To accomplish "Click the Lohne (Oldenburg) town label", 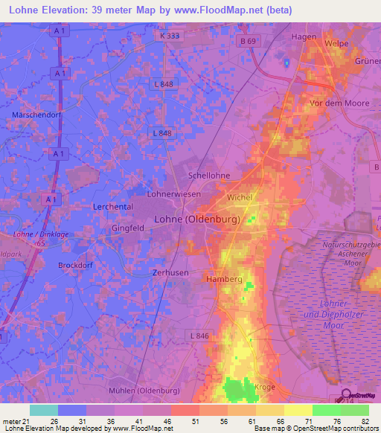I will click(196, 219).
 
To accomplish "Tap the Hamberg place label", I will click(222, 278).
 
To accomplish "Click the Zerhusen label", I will click(170, 274).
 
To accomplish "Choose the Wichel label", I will click(240, 198).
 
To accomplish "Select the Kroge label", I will click(264, 387).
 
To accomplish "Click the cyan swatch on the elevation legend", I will click(44, 410).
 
